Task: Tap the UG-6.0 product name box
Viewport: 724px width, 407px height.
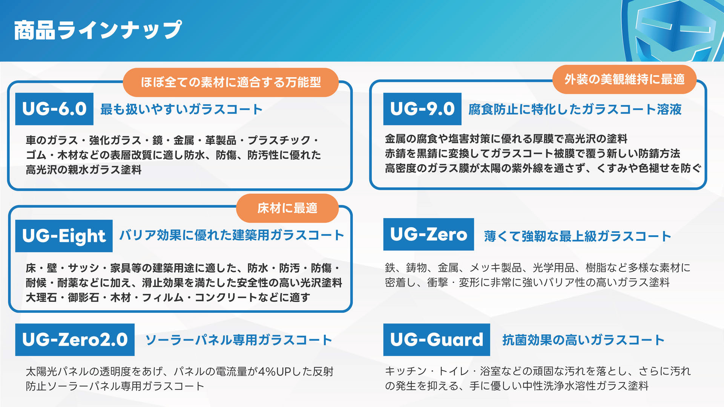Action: [54, 109]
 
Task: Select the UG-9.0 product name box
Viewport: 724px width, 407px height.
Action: [422, 109]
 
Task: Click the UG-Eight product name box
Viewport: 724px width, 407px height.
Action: [64, 236]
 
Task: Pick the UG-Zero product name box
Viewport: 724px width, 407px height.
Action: [429, 234]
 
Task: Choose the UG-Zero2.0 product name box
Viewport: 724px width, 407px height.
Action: [75, 340]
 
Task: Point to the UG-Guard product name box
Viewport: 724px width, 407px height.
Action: [437, 340]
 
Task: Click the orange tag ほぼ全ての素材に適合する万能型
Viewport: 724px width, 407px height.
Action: [231, 82]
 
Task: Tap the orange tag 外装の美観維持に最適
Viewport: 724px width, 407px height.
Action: [624, 79]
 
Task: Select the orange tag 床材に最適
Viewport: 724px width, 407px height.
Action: [287, 208]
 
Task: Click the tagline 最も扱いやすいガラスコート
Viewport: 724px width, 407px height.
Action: [181, 109]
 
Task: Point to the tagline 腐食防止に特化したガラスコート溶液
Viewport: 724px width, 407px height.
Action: [575, 109]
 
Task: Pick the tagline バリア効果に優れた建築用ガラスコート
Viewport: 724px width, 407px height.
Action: [232, 235]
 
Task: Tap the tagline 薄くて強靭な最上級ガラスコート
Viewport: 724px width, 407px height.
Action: [578, 236]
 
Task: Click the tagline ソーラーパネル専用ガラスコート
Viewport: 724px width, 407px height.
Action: [239, 340]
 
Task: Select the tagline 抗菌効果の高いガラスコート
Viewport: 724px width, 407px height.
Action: [583, 340]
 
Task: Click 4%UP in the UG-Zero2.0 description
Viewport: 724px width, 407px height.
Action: [270, 372]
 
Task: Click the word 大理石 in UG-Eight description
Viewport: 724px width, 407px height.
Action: [41, 298]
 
